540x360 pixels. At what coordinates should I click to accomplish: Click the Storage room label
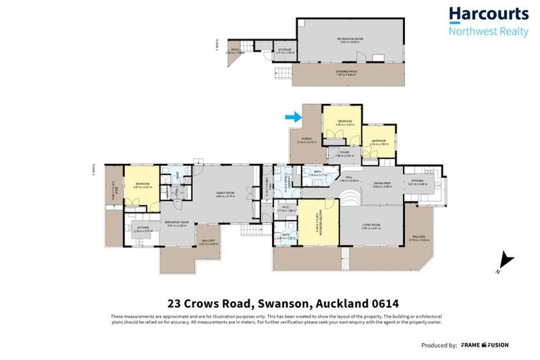tap(283, 50)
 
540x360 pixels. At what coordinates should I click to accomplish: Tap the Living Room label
tap(371, 227)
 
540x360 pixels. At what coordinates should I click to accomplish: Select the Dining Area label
tap(382, 184)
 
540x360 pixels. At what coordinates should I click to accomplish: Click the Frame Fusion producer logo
tap(484, 345)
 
